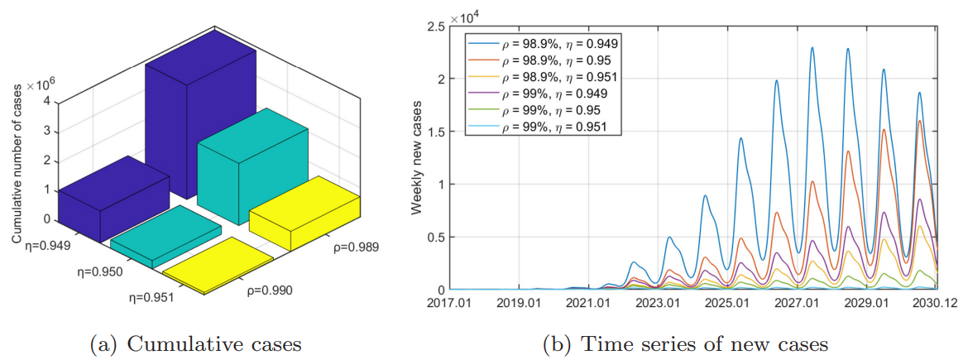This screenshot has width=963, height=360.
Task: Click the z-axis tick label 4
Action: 47,101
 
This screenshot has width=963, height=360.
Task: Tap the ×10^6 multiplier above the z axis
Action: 42,86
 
